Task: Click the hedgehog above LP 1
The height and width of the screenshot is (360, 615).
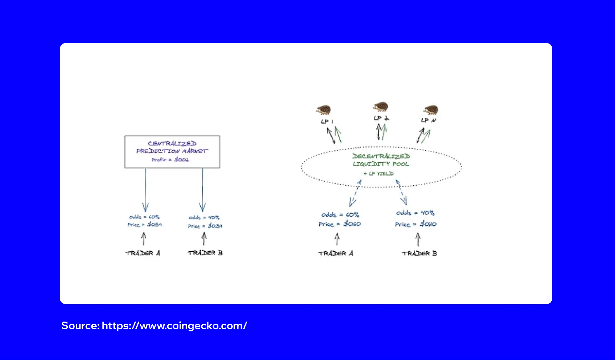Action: (x=323, y=110)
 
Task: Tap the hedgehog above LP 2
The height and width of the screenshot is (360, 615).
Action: (x=381, y=107)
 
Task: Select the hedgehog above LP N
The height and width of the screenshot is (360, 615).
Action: (x=430, y=109)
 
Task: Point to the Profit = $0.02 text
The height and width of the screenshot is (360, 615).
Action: (x=170, y=160)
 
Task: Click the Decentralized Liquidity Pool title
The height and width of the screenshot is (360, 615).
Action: (x=381, y=160)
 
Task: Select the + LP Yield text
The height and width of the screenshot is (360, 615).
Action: (x=378, y=174)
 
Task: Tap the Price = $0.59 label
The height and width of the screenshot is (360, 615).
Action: (x=145, y=225)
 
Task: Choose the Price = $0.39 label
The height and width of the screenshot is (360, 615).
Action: (x=205, y=226)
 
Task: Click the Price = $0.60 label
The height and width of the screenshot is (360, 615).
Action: (x=340, y=224)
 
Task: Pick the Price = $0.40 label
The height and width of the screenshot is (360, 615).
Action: (x=416, y=224)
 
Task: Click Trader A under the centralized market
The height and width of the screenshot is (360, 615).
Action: (x=143, y=253)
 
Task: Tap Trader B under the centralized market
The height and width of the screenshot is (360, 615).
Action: (x=205, y=253)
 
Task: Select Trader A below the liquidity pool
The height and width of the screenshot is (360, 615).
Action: (x=336, y=253)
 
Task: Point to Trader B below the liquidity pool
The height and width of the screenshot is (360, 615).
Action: (x=419, y=253)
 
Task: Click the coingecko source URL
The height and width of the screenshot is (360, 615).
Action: (x=174, y=326)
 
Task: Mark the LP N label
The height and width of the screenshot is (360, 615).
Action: (x=429, y=120)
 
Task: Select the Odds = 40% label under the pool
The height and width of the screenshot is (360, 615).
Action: (x=415, y=213)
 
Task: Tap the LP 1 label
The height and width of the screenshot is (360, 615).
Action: (x=327, y=121)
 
